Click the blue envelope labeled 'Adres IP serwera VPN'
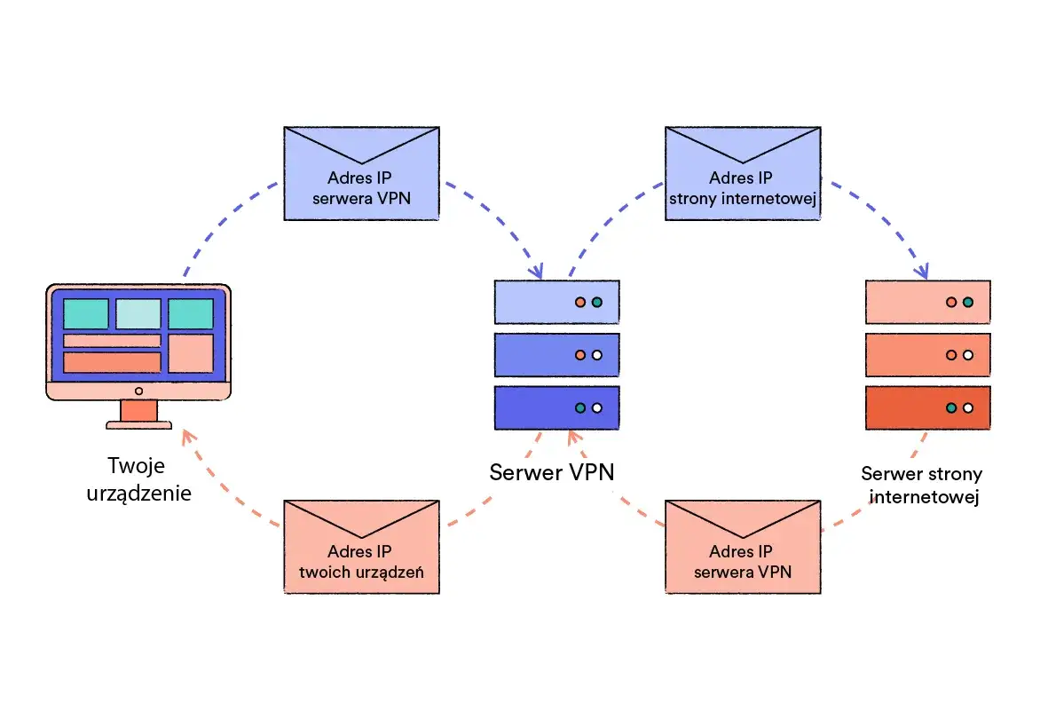click(361, 173)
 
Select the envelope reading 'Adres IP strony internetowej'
click(742, 173)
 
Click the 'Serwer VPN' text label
click(551, 472)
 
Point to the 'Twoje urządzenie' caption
click(138, 479)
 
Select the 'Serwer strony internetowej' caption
click(921, 486)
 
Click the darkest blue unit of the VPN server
click(556, 408)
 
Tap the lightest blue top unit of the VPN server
click(556, 302)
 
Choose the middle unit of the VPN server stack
click(556, 355)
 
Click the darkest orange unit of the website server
click(927, 408)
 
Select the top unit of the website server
click(927, 302)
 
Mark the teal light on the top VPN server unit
click(596, 302)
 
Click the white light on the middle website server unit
click(967, 355)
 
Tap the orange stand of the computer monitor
click(138, 411)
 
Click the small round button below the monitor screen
click(138, 391)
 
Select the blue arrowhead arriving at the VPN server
click(538, 270)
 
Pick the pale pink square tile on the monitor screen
click(191, 352)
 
